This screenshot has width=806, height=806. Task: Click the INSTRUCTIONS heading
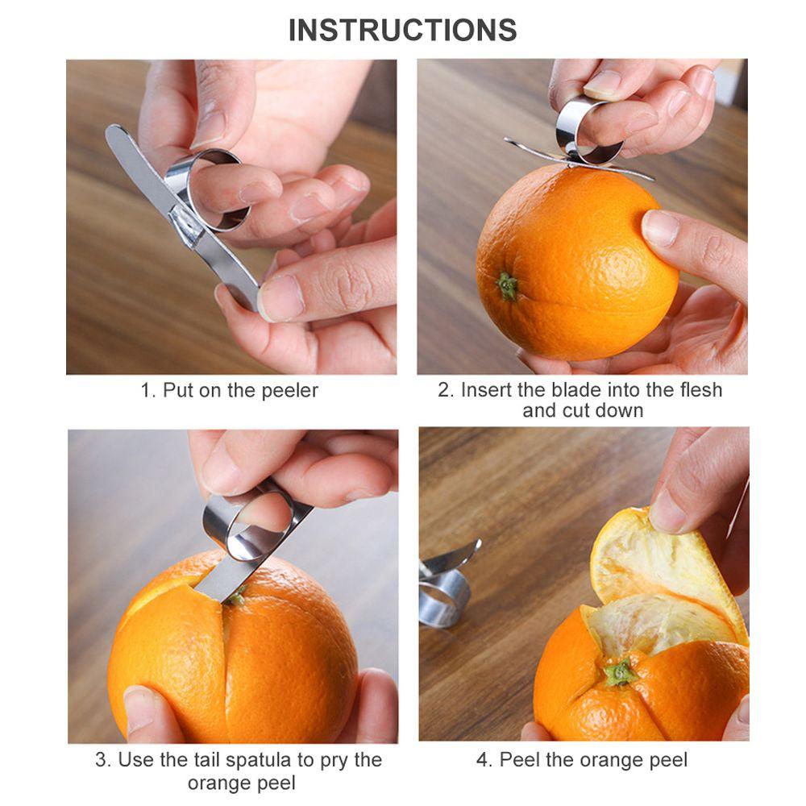402,30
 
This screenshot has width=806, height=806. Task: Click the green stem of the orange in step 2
507,286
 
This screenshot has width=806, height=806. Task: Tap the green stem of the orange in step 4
621,672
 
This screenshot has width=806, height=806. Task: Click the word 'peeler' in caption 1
290,391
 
